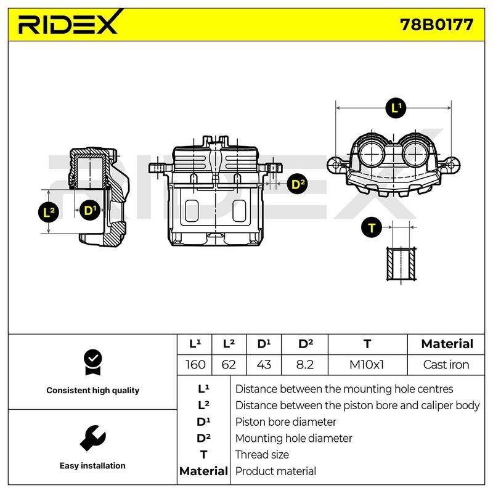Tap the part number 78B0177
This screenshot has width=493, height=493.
[436, 25]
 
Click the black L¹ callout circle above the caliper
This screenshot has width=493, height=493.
[396, 108]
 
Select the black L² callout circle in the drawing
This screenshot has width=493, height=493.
[49, 212]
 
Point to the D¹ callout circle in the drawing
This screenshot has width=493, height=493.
[90, 210]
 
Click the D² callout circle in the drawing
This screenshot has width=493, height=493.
[298, 184]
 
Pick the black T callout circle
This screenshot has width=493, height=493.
[372, 227]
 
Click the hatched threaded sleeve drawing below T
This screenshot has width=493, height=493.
[402, 264]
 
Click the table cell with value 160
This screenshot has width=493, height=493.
[195, 365]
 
